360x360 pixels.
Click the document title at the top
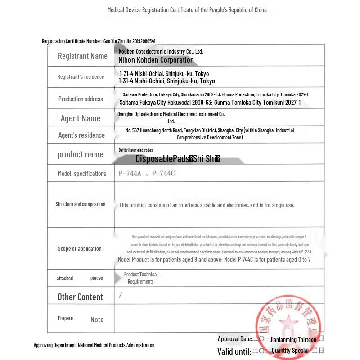tap(187, 10)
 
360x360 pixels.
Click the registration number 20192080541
tap(142, 41)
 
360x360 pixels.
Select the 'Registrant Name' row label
tap(82, 56)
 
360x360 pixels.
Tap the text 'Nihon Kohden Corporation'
tap(156, 60)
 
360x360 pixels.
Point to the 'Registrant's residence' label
tap(81, 77)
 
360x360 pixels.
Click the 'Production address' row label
tap(81, 99)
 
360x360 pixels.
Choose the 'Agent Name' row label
tap(81, 118)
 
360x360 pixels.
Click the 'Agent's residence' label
tap(81, 135)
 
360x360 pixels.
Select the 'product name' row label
tap(80, 154)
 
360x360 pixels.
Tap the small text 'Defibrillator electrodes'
tap(135, 150)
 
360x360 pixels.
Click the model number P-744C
tap(164, 173)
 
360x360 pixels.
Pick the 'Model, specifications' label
tap(82, 174)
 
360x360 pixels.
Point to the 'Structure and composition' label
tap(81, 204)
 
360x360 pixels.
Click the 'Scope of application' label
tap(80, 249)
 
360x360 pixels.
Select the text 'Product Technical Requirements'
tap(141, 278)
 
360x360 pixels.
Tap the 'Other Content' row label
tap(80, 297)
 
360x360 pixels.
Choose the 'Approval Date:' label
tap(234, 339)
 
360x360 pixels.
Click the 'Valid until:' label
tap(234, 351)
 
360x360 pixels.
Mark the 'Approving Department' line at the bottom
tap(94, 345)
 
